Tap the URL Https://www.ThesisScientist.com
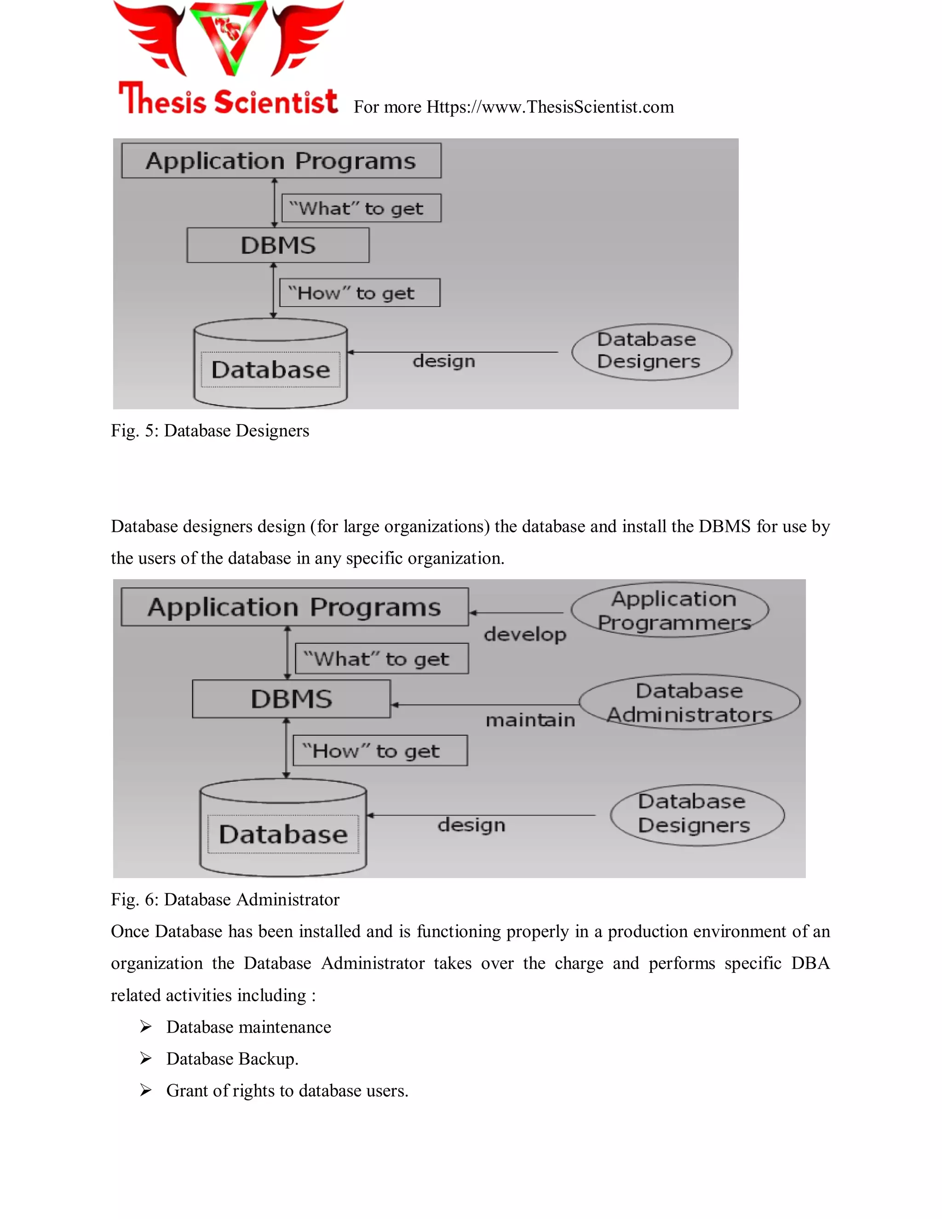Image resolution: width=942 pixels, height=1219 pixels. (x=550, y=107)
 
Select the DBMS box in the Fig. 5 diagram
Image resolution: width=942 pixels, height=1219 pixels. (x=278, y=245)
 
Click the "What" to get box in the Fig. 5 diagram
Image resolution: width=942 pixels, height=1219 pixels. (x=361, y=208)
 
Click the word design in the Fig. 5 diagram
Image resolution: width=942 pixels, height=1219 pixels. (x=444, y=361)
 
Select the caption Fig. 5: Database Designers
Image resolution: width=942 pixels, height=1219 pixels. (x=210, y=431)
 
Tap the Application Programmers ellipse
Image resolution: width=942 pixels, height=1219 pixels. (x=670, y=610)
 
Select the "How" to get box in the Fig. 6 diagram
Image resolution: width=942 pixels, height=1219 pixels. (x=380, y=751)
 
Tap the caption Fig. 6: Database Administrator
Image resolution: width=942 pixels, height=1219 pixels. (x=225, y=899)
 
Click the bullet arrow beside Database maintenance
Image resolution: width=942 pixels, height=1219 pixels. (x=146, y=1026)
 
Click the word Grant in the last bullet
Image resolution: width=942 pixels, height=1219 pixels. (x=187, y=1091)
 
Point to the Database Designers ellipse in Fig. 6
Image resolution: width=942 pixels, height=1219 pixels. (x=697, y=815)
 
